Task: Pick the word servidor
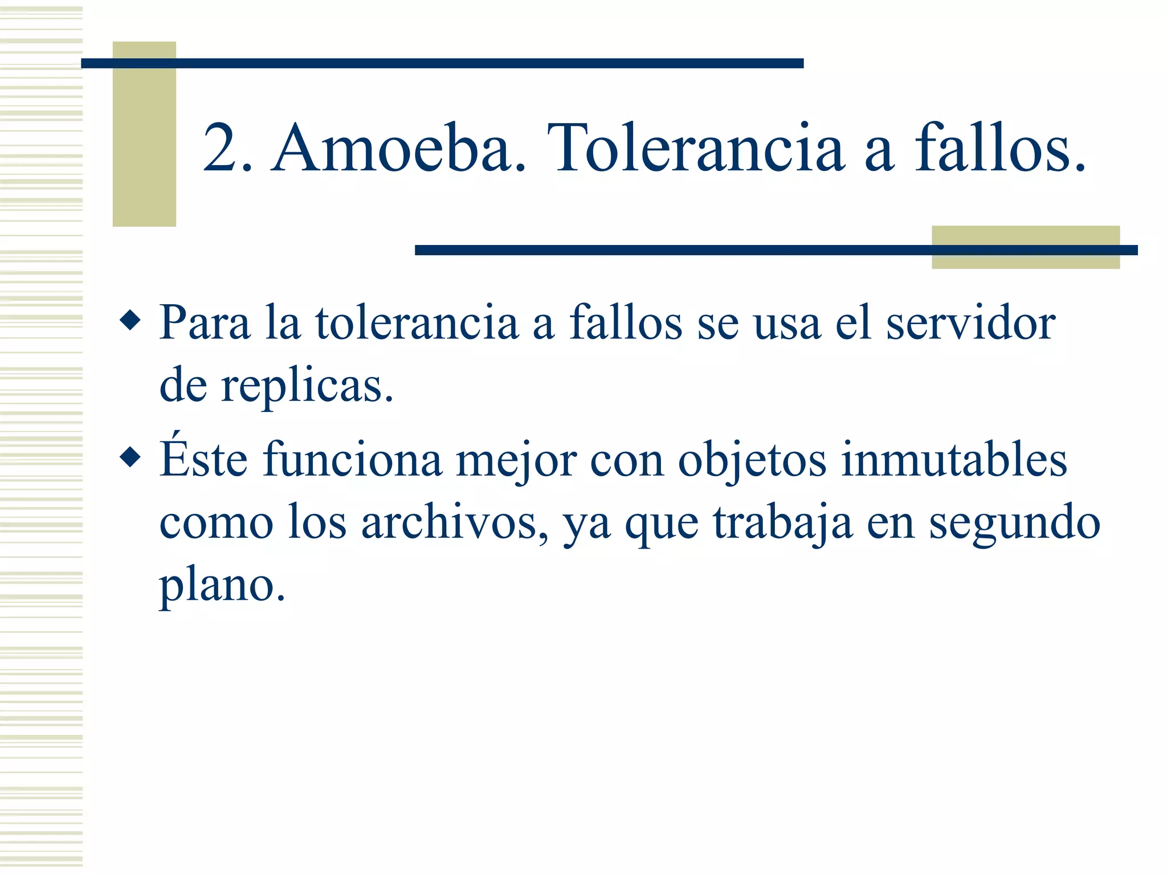[970, 323]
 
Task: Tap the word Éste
[204, 459]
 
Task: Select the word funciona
[352, 459]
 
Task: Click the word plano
[222, 587]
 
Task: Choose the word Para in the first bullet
[205, 323]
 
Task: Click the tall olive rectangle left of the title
[144, 134]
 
